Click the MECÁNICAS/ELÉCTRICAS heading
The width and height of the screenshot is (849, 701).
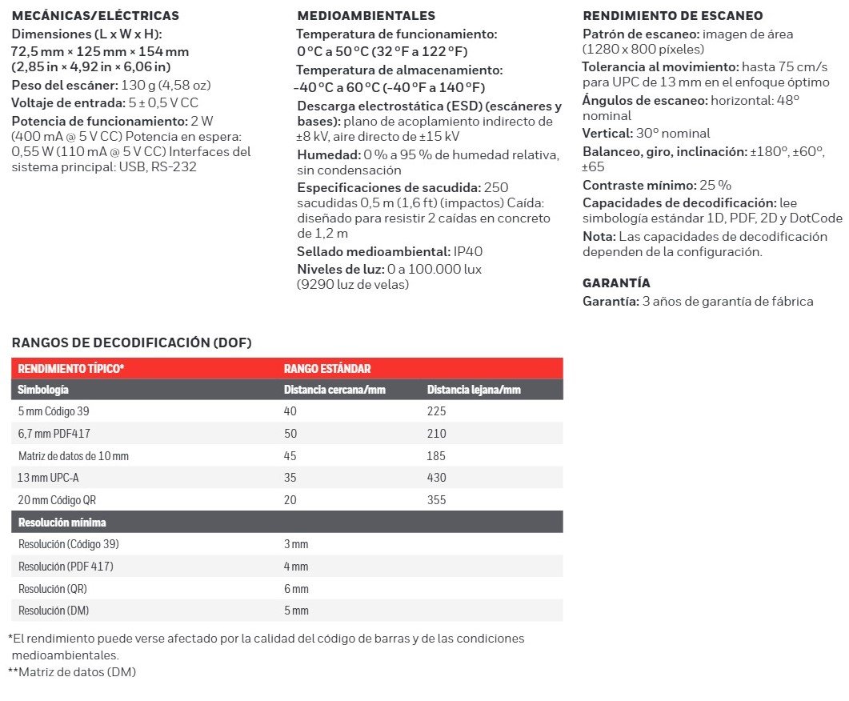click(x=95, y=16)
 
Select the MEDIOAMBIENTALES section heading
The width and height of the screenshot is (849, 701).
click(x=366, y=16)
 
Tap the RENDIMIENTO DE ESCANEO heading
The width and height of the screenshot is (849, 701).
click(x=672, y=16)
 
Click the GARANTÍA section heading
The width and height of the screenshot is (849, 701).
click(x=616, y=283)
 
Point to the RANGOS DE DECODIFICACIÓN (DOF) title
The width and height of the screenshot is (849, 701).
click(x=132, y=343)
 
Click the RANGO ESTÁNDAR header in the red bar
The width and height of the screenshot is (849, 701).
click(x=327, y=369)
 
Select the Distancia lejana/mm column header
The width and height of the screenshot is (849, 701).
click(x=474, y=390)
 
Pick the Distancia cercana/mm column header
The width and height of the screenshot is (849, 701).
click(x=334, y=390)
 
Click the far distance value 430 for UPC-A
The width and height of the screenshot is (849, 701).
click(x=436, y=478)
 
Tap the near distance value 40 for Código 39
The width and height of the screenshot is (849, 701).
click(x=290, y=412)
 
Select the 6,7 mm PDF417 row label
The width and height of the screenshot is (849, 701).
click(x=54, y=434)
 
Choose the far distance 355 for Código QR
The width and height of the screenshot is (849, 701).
click(x=436, y=500)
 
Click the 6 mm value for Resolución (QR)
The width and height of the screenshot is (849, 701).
click(x=296, y=589)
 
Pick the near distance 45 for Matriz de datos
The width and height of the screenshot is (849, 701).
click(x=290, y=456)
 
